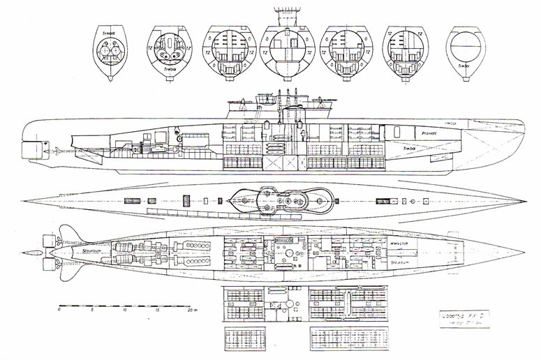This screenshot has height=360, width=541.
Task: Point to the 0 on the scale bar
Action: pyautogui.click(x=59, y=311)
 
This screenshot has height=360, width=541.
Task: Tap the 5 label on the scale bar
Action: pyautogui.click(x=92, y=311)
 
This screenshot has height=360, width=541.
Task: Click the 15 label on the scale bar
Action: pyautogui.click(x=158, y=311)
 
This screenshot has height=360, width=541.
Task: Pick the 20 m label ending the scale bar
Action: pyautogui.click(x=191, y=311)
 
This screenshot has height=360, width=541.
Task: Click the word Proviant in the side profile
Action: pyautogui.click(x=428, y=131)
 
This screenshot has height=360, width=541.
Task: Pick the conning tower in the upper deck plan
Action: pyautogui.click(x=277, y=201)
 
